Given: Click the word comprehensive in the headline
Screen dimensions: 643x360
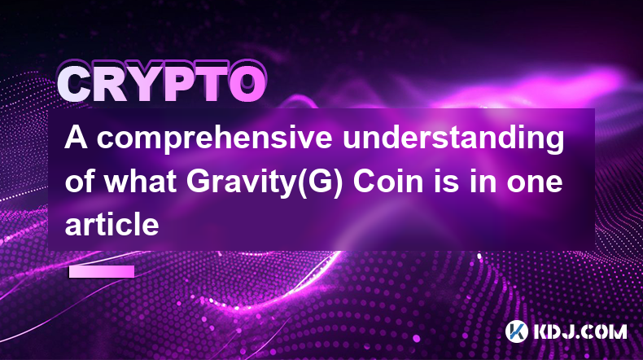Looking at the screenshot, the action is pos(215,139).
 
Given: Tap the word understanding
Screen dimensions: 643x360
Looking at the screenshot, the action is pos(453,139).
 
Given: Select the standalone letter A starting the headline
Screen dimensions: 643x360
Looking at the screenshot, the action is pos(77,138).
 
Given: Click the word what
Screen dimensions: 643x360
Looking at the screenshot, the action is pos(140,181).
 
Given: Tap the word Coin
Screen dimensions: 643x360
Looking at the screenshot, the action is pos(388,181).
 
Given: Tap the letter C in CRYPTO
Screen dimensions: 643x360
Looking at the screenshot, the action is pos(76,85).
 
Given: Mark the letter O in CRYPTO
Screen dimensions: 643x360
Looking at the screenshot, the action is pos(247,85).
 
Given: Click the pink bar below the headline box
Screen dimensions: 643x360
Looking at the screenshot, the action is pos(102,271).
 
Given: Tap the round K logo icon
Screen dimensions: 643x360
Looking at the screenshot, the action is pos(516,331).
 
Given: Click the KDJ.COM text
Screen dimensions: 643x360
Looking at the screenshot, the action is pos(580,331).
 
